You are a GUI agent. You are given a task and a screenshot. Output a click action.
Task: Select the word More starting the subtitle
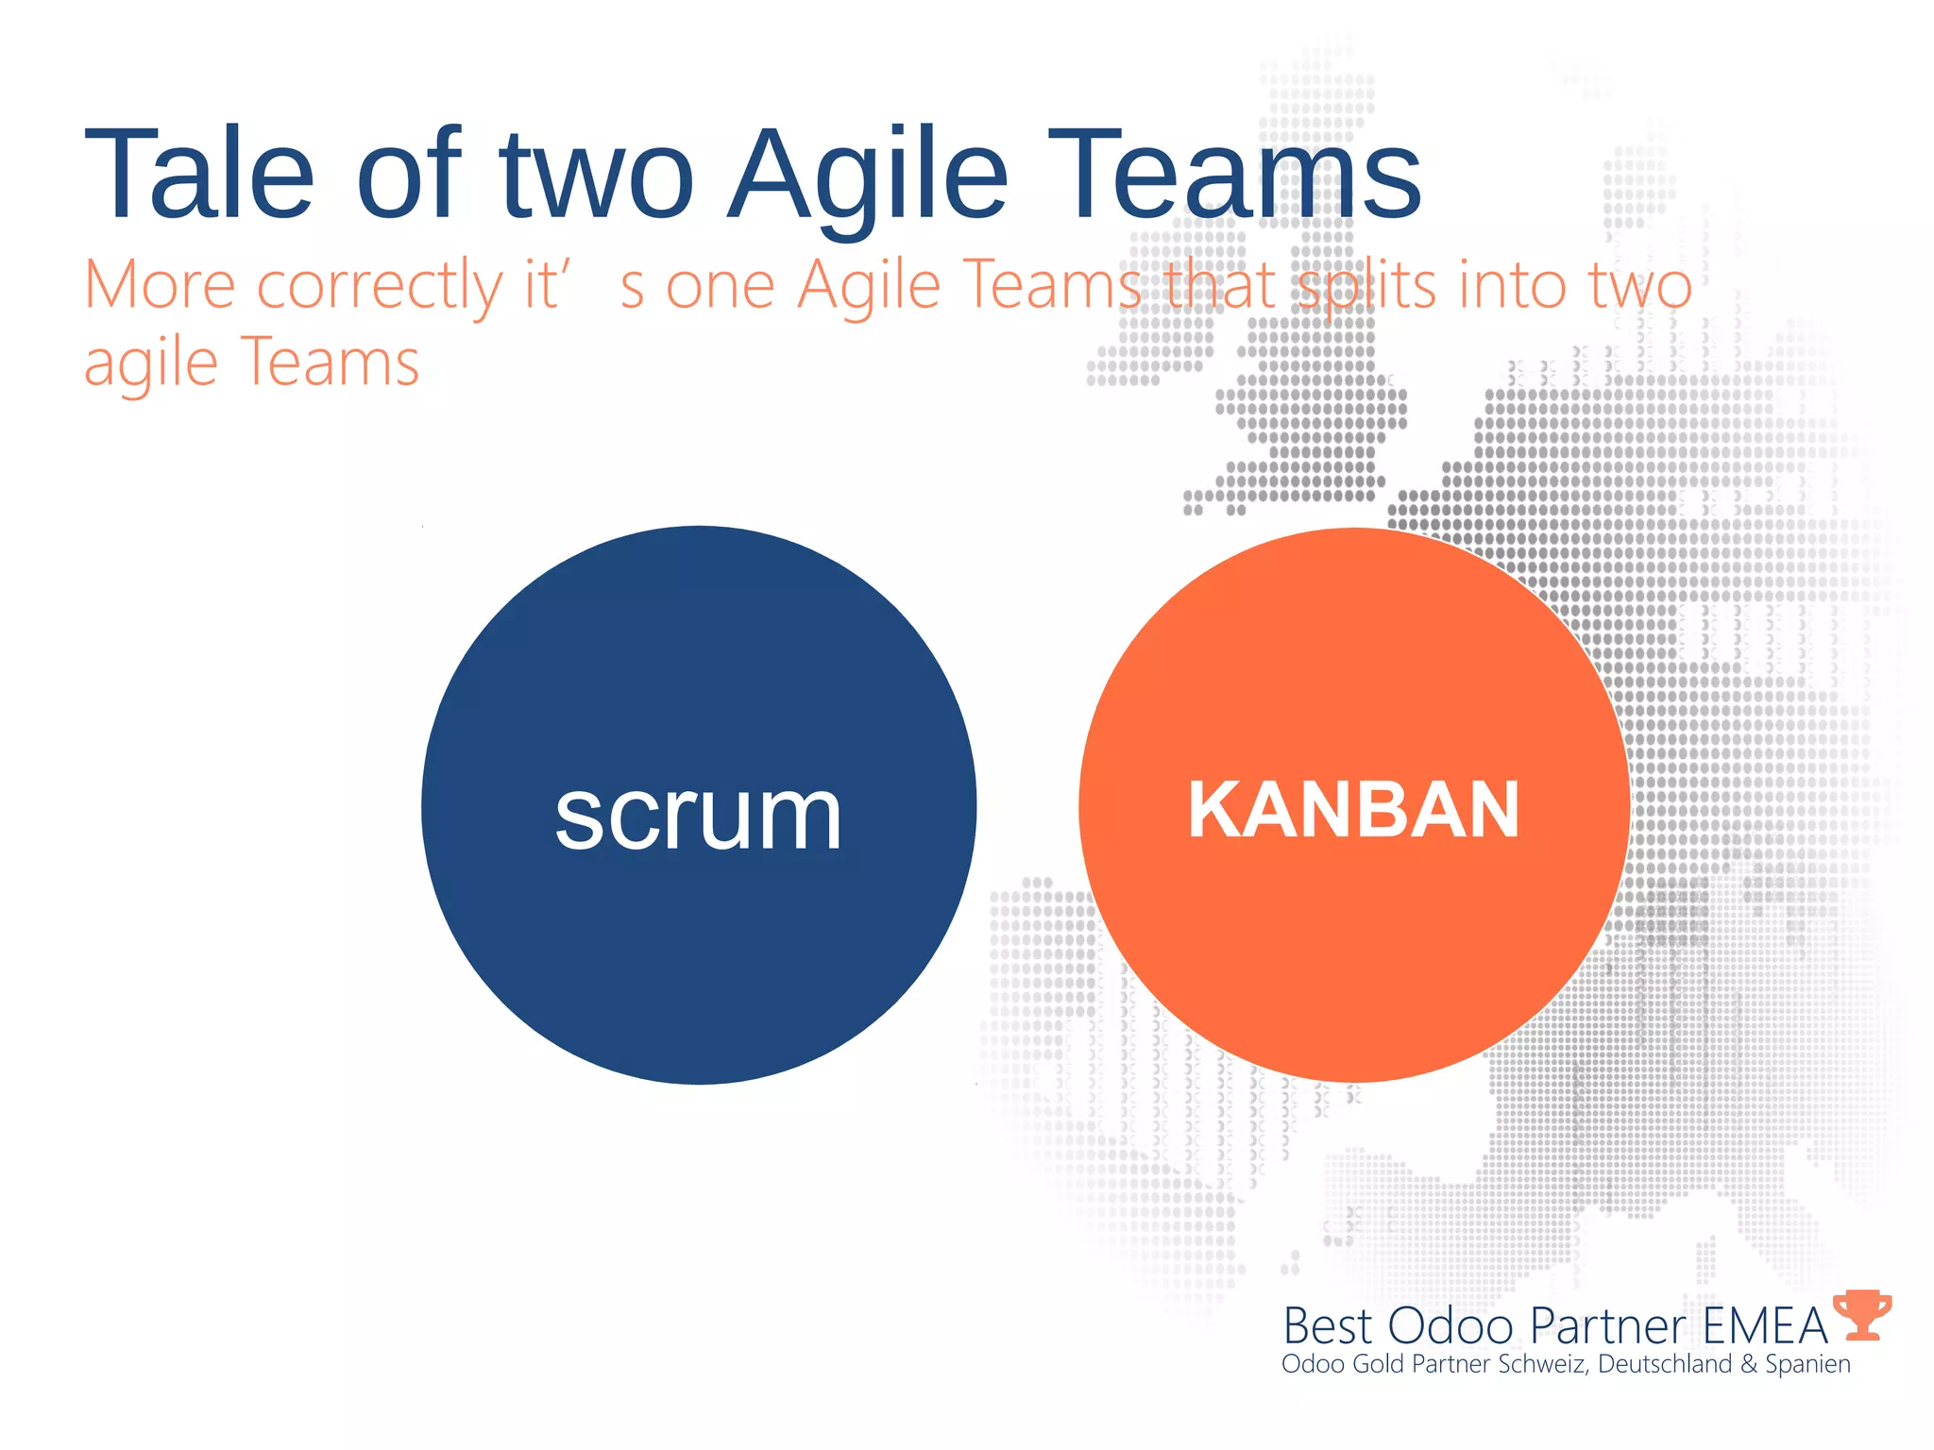tap(160, 284)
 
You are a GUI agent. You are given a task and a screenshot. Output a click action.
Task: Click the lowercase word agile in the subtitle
tap(151, 362)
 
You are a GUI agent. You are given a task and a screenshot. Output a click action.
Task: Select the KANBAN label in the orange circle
tap(1353, 809)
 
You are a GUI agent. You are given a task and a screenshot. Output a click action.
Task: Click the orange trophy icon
tap(1862, 1315)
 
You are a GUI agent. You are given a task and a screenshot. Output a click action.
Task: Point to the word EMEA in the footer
tap(1765, 1326)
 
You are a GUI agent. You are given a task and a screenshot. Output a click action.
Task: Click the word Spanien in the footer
tap(1807, 1365)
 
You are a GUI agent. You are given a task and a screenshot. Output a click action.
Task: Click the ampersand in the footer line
tap(1749, 1364)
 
